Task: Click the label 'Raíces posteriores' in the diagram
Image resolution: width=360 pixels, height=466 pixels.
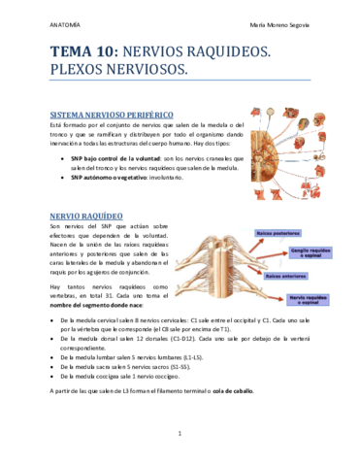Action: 278,233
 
